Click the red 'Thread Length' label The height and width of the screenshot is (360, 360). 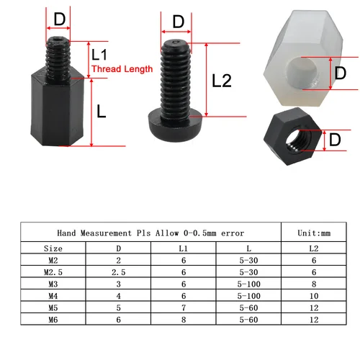pyautogui.click(x=122, y=69)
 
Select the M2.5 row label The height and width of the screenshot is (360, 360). pyautogui.click(x=53, y=272)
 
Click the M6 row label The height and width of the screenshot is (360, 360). pyautogui.click(x=53, y=318)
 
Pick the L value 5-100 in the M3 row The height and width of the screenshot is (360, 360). pyautogui.click(x=248, y=284)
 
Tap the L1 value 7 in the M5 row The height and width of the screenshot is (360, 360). pyautogui.click(x=184, y=306)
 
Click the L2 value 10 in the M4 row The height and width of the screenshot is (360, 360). pyautogui.click(x=313, y=294)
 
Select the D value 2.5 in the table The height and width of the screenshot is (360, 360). pyautogui.click(x=119, y=272)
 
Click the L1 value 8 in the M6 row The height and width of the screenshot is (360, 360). pyautogui.click(x=184, y=318)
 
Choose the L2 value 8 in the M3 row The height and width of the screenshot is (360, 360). pyautogui.click(x=313, y=284)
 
